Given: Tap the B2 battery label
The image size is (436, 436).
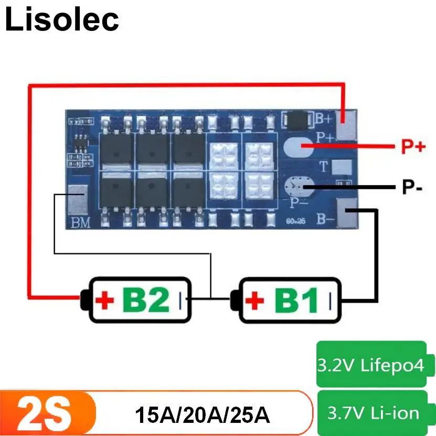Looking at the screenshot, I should pyautogui.click(x=146, y=301).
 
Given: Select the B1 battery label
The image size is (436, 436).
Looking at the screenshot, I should pyautogui.click(x=297, y=301).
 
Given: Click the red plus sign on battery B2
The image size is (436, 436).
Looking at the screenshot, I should pyautogui.click(x=106, y=301).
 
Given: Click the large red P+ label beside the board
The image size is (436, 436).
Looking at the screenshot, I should pyautogui.click(x=413, y=147).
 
